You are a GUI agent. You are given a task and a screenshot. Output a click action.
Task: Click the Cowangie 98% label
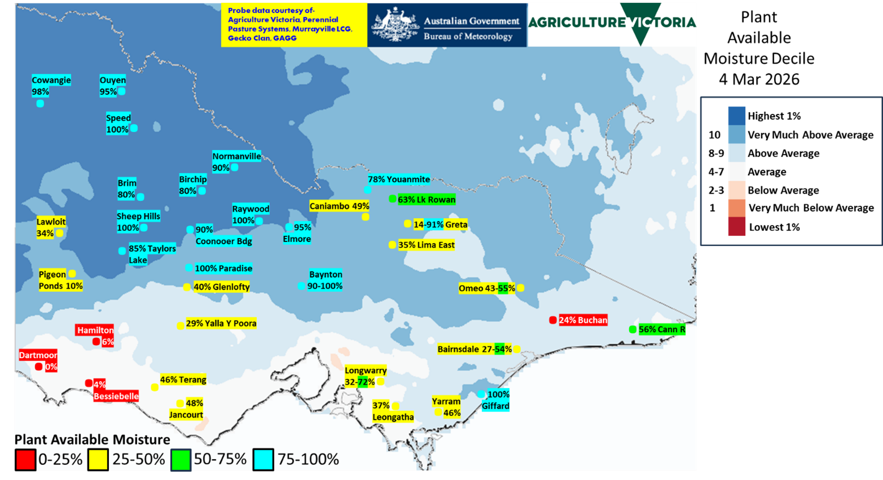[x=51, y=86]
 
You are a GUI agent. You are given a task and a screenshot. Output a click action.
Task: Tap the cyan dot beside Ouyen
[x=121, y=91]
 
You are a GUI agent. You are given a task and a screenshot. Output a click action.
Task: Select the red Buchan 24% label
[x=583, y=320]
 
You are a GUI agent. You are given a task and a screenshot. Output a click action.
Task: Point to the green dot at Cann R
[x=632, y=329]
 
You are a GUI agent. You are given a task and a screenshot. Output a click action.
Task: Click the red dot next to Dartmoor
[x=39, y=367]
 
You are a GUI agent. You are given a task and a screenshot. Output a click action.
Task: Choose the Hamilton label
[x=95, y=330]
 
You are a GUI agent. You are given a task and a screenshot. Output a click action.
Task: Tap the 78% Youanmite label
[x=399, y=180]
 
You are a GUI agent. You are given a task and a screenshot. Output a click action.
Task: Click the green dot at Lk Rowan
[x=392, y=199]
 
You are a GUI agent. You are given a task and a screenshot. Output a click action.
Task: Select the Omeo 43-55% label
[x=487, y=288]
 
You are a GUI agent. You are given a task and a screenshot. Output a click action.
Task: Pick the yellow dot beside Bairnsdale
[x=517, y=349]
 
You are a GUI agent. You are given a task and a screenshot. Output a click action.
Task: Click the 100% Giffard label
[x=496, y=400]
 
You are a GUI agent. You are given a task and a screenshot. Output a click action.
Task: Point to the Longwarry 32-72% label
[x=366, y=376]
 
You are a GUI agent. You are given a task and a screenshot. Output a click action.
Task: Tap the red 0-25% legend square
[x=26, y=459]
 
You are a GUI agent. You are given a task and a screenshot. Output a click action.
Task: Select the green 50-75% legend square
[x=181, y=459]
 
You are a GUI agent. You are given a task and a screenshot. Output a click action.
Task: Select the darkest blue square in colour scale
[x=737, y=115]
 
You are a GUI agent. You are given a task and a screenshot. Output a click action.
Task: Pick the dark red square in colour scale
[x=737, y=227]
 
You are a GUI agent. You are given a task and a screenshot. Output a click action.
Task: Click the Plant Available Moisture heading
[x=92, y=440]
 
